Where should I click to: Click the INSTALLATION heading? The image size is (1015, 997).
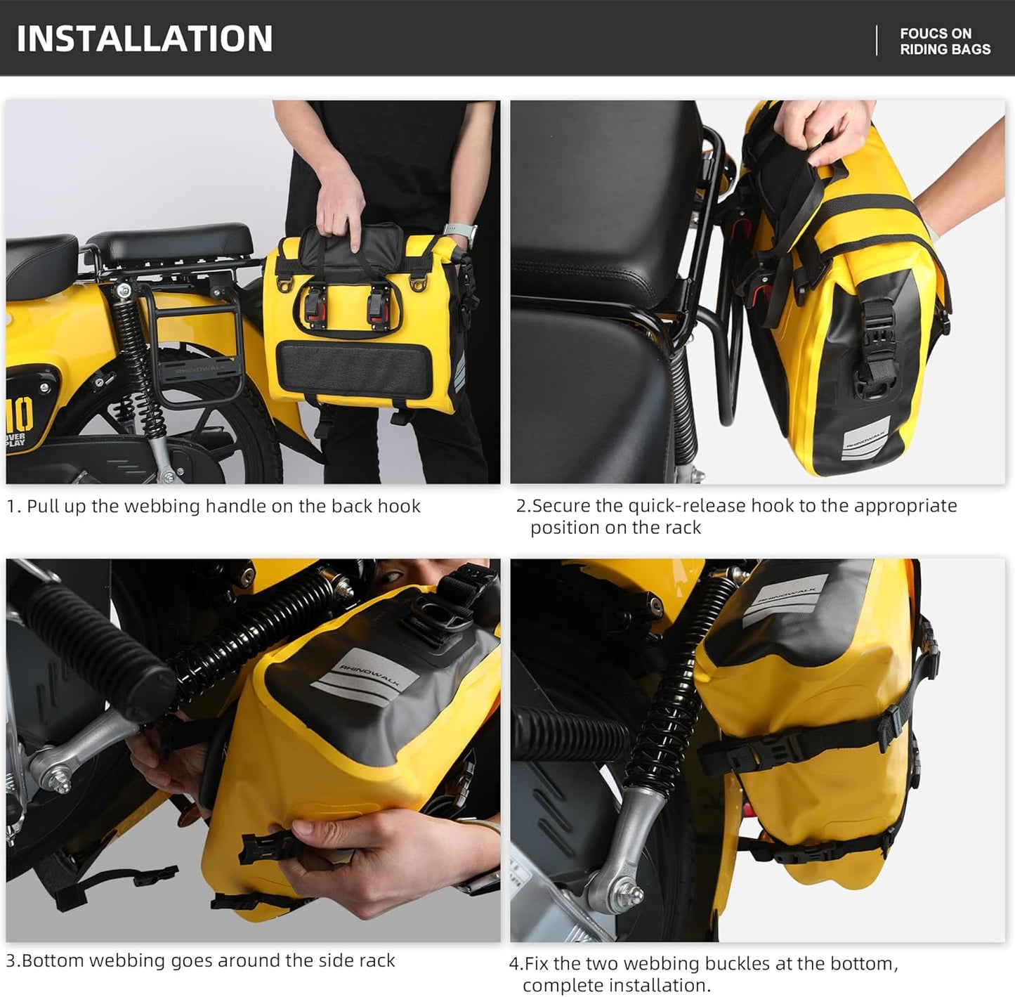pos(145,38)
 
